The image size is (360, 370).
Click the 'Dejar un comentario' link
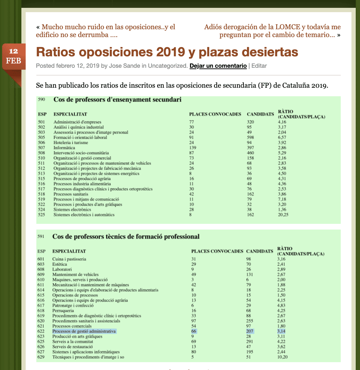(218, 66)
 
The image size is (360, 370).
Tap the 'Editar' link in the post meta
(259, 66)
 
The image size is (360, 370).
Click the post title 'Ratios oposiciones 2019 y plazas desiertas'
(167, 52)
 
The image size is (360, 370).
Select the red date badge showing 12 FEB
(14, 56)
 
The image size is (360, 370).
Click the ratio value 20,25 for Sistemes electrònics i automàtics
(283, 215)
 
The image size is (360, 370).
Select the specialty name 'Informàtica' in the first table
(64, 148)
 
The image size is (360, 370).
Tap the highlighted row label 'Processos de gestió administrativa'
(84, 332)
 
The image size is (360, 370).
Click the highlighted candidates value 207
(250, 332)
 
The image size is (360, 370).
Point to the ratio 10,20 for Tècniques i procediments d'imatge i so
(282, 357)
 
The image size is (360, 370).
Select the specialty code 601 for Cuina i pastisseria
(41, 259)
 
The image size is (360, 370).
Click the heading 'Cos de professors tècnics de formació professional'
(126, 236)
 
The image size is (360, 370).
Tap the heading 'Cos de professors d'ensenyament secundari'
(117, 100)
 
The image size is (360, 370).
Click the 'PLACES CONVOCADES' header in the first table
(215, 114)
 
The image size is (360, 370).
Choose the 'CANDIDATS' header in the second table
(259, 251)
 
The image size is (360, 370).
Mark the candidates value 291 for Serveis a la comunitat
(250, 342)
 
